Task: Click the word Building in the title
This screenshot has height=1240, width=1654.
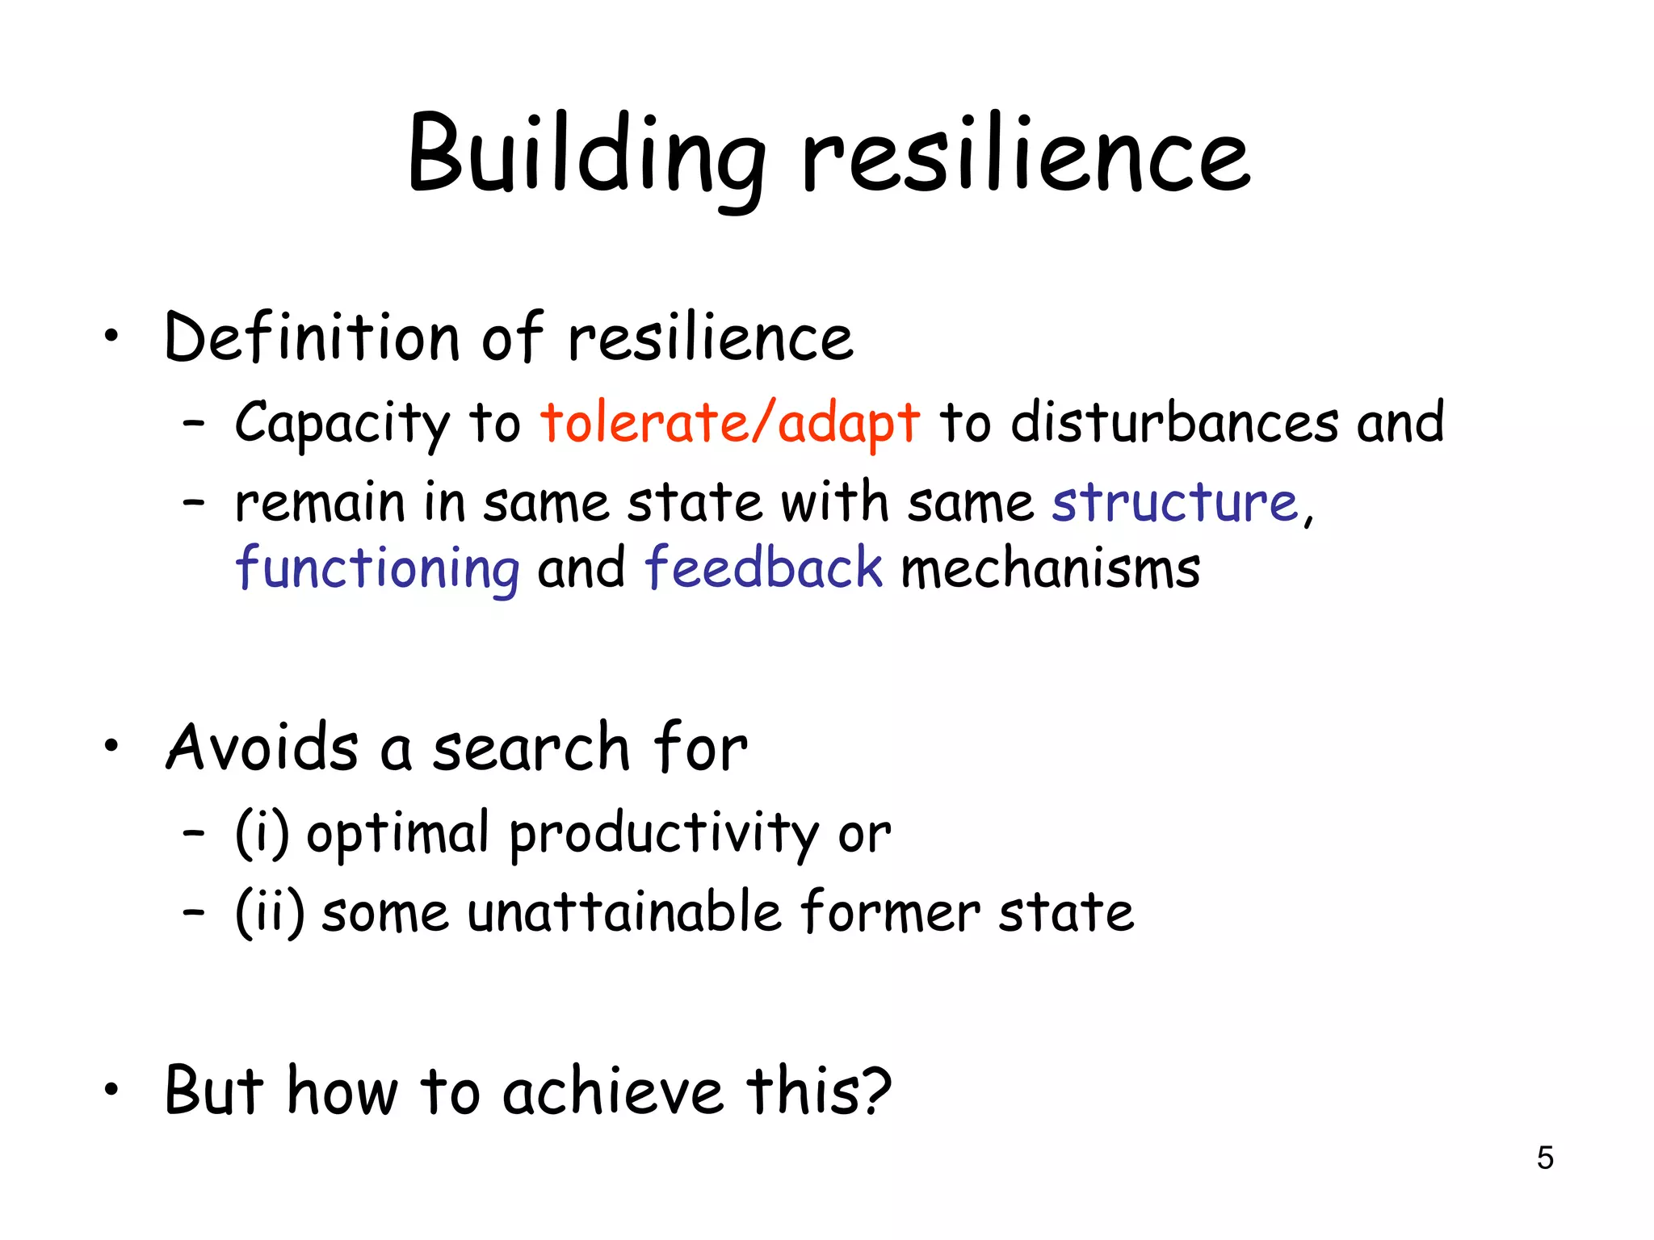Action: [x=587, y=155]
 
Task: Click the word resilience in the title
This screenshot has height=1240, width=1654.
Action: [x=1026, y=155]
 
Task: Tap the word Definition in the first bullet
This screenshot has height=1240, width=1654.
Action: [x=312, y=337]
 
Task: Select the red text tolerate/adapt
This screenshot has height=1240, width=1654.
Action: [x=730, y=422]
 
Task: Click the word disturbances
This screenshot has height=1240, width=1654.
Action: [x=1174, y=422]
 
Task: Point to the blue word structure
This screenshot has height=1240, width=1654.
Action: [x=1174, y=502]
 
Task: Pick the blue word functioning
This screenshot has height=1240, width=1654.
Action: [x=378, y=568]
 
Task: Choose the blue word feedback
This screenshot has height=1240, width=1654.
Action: [x=763, y=567]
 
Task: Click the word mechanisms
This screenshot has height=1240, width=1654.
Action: [x=1050, y=568]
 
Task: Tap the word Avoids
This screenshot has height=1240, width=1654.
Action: [x=262, y=748]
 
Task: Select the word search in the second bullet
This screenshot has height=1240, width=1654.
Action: [x=531, y=748]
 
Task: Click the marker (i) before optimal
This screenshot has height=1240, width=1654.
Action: [x=262, y=833]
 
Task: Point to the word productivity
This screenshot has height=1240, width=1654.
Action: [x=664, y=835]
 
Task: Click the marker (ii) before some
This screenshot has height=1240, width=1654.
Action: [x=270, y=912]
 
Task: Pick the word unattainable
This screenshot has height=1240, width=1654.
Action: [x=624, y=912]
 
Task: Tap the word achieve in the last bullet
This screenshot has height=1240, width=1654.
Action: [x=612, y=1091]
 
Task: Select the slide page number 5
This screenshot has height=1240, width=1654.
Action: [x=1544, y=1158]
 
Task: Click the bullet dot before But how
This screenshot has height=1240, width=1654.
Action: [x=111, y=1090]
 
